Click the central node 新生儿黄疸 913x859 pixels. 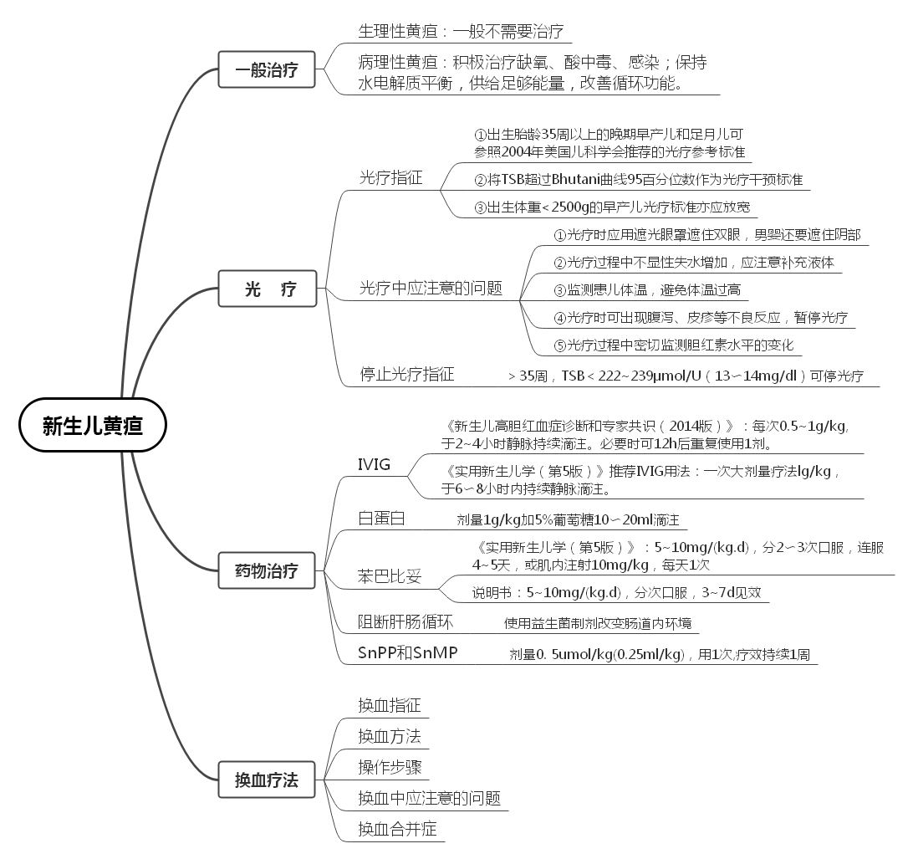tap(93, 426)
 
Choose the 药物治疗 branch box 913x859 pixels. tap(267, 572)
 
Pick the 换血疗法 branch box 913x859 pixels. tap(267, 780)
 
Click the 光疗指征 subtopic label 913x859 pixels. tap(390, 177)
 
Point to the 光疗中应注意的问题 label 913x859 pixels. tap(431, 289)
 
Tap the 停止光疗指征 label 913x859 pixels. tap(407, 374)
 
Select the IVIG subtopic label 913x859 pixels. tap(374, 465)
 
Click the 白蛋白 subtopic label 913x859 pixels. tap(381, 519)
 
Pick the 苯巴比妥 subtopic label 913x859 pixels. tap(390, 576)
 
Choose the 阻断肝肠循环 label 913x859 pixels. tap(405, 621)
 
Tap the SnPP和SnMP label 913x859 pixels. tap(408, 652)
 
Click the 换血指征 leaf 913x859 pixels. tap(389, 705)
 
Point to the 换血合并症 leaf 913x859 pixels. tap(397, 829)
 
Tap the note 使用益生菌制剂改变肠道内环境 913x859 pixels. tap(598, 623)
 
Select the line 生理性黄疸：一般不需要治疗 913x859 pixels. tap(461, 32)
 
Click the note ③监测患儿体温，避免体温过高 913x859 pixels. tap(647, 290)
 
